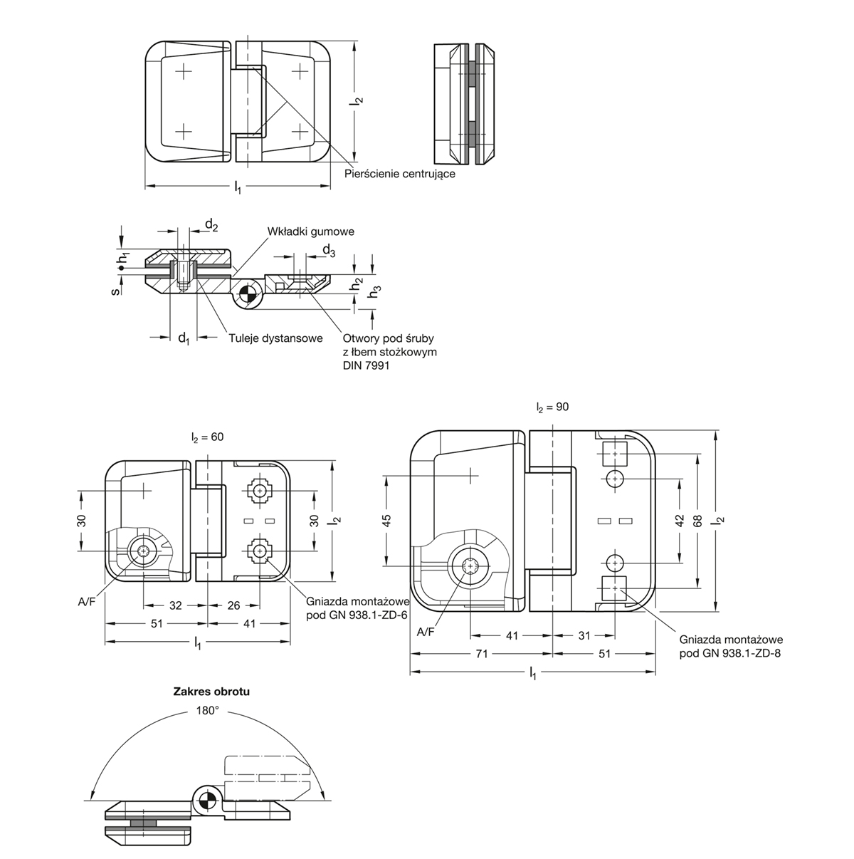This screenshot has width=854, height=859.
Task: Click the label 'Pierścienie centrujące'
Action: coord(400,173)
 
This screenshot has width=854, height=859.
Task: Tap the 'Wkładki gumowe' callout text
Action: coord(310,231)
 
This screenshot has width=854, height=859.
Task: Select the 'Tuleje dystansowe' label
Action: coord(275,338)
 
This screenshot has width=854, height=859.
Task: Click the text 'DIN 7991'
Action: coord(366,365)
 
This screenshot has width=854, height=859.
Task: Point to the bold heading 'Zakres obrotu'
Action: coord(211,692)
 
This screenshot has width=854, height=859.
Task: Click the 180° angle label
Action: coord(208,711)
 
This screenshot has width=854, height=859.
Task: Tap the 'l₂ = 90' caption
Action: coord(552,407)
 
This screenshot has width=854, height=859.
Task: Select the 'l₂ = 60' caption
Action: coord(208,437)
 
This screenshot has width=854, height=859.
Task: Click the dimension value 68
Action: coord(697,521)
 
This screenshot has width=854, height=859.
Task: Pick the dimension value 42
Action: coord(680,521)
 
